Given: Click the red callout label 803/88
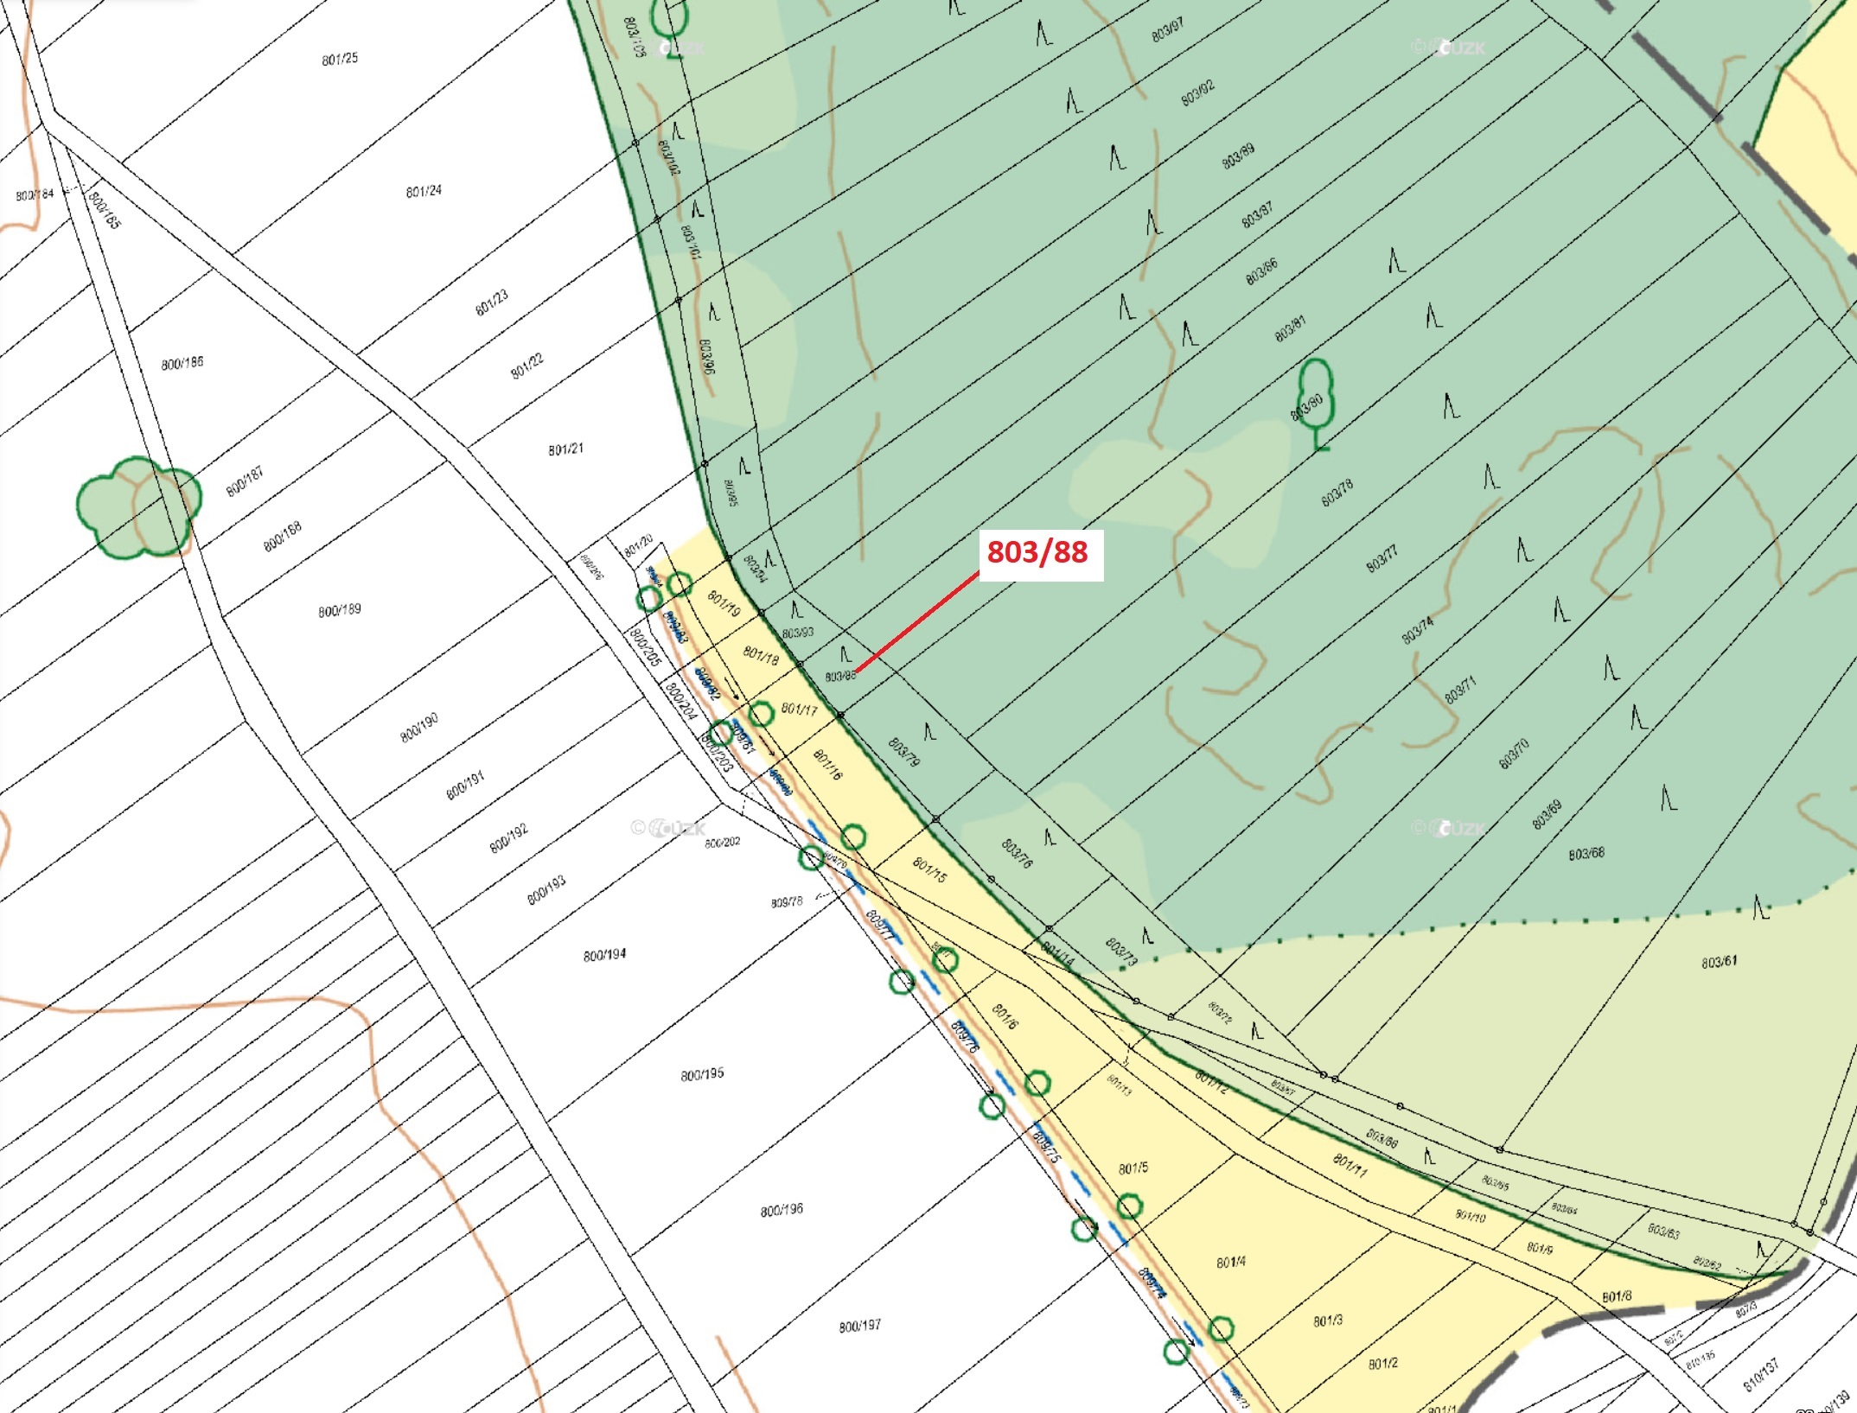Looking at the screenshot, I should point(1037,551).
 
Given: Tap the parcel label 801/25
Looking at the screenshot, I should point(340,59).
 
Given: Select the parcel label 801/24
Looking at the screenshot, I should point(424,191).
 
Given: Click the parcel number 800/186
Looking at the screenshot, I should point(182,363).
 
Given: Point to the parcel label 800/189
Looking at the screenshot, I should point(340,610).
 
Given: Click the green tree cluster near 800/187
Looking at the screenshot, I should point(138,507).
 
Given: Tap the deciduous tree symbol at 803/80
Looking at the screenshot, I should point(1315,403).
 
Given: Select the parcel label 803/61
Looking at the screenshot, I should point(1719,962).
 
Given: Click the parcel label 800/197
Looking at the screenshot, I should point(859,1326).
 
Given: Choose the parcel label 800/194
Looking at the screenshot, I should point(604,955).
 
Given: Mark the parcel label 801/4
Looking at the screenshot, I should point(1230,1263).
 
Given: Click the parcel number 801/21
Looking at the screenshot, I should point(565,449).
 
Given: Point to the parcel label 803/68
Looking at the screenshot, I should point(1586,854).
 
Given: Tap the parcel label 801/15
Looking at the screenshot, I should point(929,869).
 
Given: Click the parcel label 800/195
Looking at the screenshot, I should point(702,1074).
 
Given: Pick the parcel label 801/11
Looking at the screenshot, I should point(1350,1165).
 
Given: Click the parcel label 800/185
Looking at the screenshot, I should point(105,210).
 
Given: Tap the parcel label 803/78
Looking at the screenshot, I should point(1337,493).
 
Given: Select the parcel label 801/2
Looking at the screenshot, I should point(1382,1363).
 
